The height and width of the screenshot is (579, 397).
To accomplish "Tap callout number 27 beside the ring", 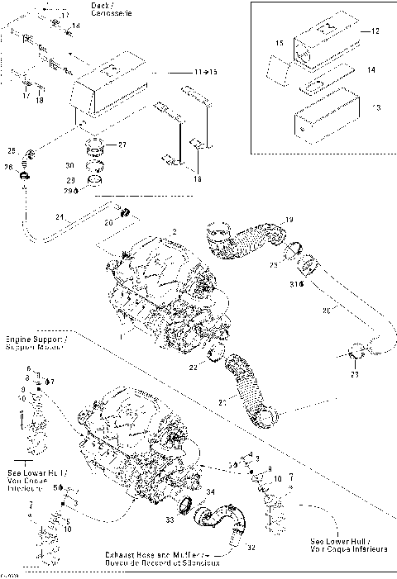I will pyautogui.click(x=122, y=145).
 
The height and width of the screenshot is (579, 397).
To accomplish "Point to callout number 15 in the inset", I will pyautogui.click(x=279, y=42).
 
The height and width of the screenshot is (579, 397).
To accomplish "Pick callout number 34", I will pyautogui.click(x=210, y=493).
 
